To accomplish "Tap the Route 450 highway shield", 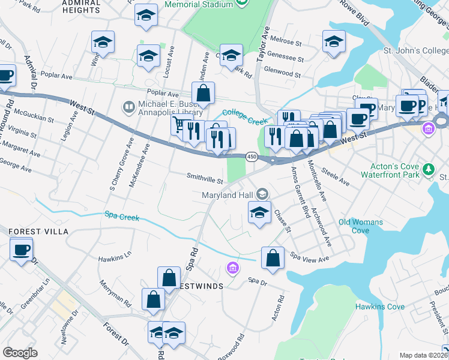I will [x=252, y=157].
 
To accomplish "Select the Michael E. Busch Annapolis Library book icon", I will [x=128, y=107].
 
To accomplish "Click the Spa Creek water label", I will [x=122, y=215].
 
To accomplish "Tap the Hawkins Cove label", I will [x=379, y=307].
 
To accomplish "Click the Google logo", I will [x=20, y=353].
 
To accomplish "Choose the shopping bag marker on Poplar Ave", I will [x=203, y=93].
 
